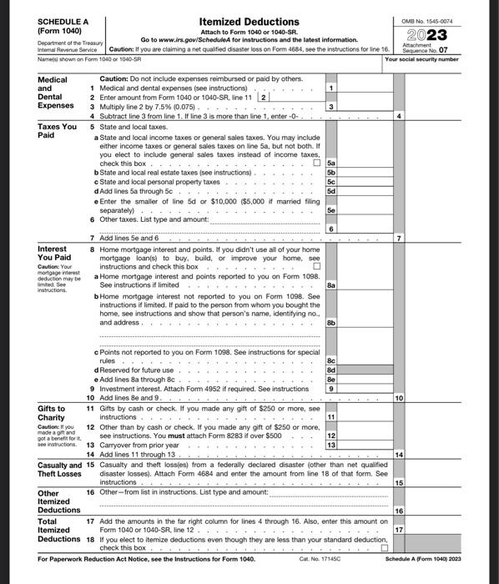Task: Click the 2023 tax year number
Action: tap(429, 35)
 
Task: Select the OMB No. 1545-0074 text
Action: tap(430, 19)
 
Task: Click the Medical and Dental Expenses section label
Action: tap(56, 93)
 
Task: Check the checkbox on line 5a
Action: tap(315, 164)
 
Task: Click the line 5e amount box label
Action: tap(331, 212)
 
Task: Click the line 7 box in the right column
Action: tap(400, 239)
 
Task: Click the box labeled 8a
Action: tap(331, 284)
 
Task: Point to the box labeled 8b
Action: tap(331, 322)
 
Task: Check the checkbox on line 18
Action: tap(385, 549)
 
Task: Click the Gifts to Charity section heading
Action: tap(56, 414)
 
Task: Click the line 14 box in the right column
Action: tap(400, 454)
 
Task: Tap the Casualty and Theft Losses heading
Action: tap(59, 469)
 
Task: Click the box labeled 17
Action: tap(400, 530)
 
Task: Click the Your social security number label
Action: tap(421, 60)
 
